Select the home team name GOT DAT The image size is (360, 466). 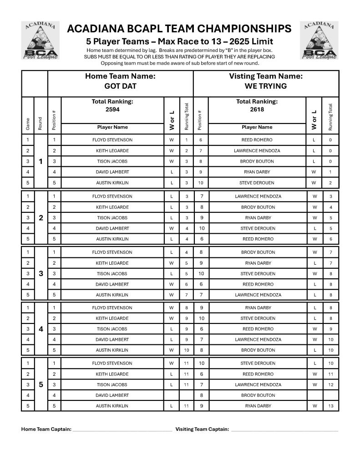(120, 86)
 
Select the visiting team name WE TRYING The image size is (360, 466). (266, 86)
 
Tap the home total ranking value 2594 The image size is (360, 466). (112, 109)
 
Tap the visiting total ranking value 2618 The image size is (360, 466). (257, 109)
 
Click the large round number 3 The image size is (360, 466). (41, 273)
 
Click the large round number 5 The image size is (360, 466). (41, 384)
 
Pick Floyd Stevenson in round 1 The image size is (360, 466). (112, 140)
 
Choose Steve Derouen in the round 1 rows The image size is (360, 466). (257, 182)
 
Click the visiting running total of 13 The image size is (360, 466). (330, 406)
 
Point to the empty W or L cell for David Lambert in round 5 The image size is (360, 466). (172, 395)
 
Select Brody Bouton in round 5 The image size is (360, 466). (257, 395)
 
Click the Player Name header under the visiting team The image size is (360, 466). (257, 127)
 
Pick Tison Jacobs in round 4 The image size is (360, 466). (112, 329)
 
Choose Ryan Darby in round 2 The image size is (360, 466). (257, 218)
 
